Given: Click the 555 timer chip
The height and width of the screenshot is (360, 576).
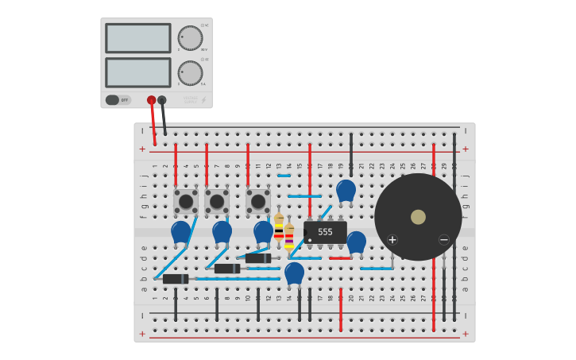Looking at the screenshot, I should pos(325,232).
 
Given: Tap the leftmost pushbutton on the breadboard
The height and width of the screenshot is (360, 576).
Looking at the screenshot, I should pos(186,201).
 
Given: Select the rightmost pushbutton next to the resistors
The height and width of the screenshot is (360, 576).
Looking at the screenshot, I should pos(258,201).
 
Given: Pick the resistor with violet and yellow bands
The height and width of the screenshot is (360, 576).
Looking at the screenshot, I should pos(289,237).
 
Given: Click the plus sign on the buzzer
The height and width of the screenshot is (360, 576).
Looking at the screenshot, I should pos(392,239).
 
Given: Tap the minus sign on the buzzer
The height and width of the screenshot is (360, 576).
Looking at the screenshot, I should pos(444,239).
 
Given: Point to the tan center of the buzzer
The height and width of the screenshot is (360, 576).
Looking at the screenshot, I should pos(418,217).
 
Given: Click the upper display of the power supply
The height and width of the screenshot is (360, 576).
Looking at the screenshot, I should pos(137,38).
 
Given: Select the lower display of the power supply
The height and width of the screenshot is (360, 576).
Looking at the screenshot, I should pos(137,72).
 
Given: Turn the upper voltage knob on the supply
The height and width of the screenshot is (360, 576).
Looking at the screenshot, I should pos(190,37).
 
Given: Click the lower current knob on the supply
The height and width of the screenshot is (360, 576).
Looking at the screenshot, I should pos(190,72).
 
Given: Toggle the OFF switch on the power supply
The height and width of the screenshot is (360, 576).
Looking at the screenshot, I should pos(113,100).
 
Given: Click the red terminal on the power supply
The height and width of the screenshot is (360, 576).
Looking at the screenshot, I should pos(151,100).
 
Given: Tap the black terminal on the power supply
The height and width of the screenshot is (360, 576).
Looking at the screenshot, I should pos(162,100).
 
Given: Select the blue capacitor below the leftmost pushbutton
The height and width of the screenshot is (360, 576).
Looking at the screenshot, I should pos(181,232).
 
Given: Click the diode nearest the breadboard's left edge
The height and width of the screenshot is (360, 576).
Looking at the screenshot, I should pos(175,279).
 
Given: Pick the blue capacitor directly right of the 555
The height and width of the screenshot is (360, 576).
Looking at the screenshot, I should pos(356,242).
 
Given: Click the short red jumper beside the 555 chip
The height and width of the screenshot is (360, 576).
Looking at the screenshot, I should pos(339,258).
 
